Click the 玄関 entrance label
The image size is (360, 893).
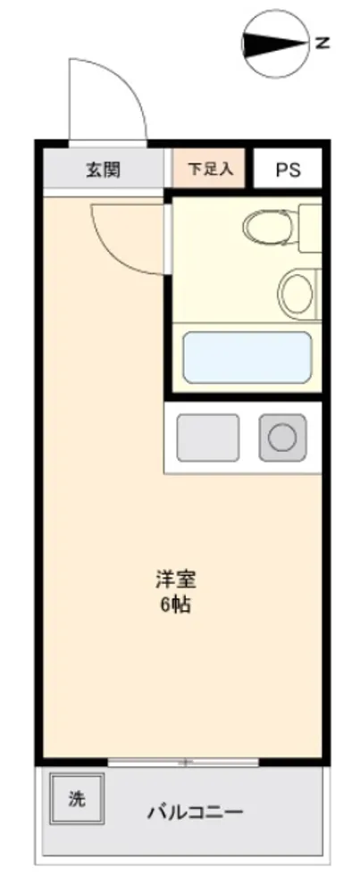click(103, 170)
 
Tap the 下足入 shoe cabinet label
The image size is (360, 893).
click(210, 169)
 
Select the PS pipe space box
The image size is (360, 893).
click(288, 168)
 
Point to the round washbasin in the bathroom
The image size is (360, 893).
click(295, 292)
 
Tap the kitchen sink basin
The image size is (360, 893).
click(208, 438)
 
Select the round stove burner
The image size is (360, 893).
click(283, 438)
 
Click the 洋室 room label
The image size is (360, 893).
click(176, 580)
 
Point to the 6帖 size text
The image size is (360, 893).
click(175, 605)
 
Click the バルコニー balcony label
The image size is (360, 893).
click(196, 811)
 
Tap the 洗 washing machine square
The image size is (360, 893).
click(77, 797)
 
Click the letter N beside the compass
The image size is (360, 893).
click(322, 43)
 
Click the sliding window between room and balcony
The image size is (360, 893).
click(183, 762)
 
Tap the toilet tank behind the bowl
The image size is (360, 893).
click(310, 228)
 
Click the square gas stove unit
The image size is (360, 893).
click(283, 438)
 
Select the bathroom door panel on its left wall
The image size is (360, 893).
click(167, 239)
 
